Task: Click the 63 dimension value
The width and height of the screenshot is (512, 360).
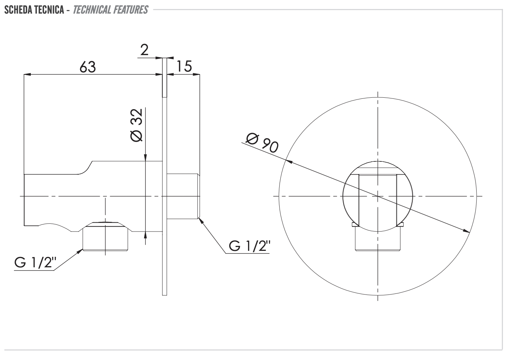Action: click(88, 67)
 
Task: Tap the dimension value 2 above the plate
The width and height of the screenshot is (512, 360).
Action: click(144, 50)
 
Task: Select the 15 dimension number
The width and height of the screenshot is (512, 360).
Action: click(184, 66)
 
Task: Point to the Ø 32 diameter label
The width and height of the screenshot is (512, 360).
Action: click(137, 125)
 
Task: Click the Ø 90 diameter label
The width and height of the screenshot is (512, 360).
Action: click(262, 143)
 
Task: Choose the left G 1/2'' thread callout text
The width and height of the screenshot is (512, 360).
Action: click(35, 262)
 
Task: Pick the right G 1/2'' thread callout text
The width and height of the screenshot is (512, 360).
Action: click(250, 246)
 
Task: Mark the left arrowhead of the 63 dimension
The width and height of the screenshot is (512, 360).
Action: click(28, 74)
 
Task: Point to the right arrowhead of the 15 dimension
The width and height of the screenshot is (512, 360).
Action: click(196, 74)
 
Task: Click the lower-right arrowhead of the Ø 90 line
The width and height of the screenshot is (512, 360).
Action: click(467, 231)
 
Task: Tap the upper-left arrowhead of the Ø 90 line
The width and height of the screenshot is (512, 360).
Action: click(289, 161)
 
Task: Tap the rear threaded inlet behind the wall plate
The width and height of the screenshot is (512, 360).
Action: click(183, 196)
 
